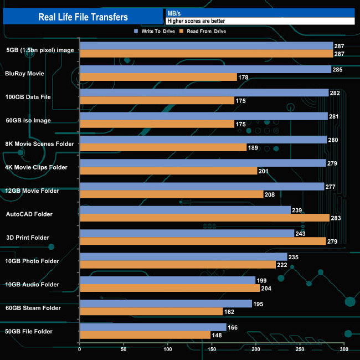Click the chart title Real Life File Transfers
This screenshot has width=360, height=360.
[x=83, y=17]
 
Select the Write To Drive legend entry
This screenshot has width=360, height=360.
[x=155, y=32]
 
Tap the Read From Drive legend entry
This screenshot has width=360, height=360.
[x=205, y=32]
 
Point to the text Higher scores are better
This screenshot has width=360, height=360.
[x=196, y=21]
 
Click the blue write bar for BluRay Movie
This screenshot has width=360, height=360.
[x=205, y=69]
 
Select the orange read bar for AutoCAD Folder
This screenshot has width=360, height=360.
[x=204, y=218]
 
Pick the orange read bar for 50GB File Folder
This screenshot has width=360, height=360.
[x=145, y=335]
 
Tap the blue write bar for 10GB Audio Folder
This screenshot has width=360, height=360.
[x=168, y=280]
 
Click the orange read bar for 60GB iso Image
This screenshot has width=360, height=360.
[x=157, y=124]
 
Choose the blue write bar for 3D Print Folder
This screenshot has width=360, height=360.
[x=187, y=233]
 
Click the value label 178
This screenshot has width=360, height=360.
[x=243, y=77]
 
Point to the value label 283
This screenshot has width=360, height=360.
[x=336, y=218]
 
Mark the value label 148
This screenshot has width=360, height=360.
[x=217, y=335]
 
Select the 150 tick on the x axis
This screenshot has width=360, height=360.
[x=212, y=350]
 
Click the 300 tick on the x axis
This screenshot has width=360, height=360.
[x=343, y=350]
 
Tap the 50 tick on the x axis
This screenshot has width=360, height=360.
[x=124, y=350]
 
